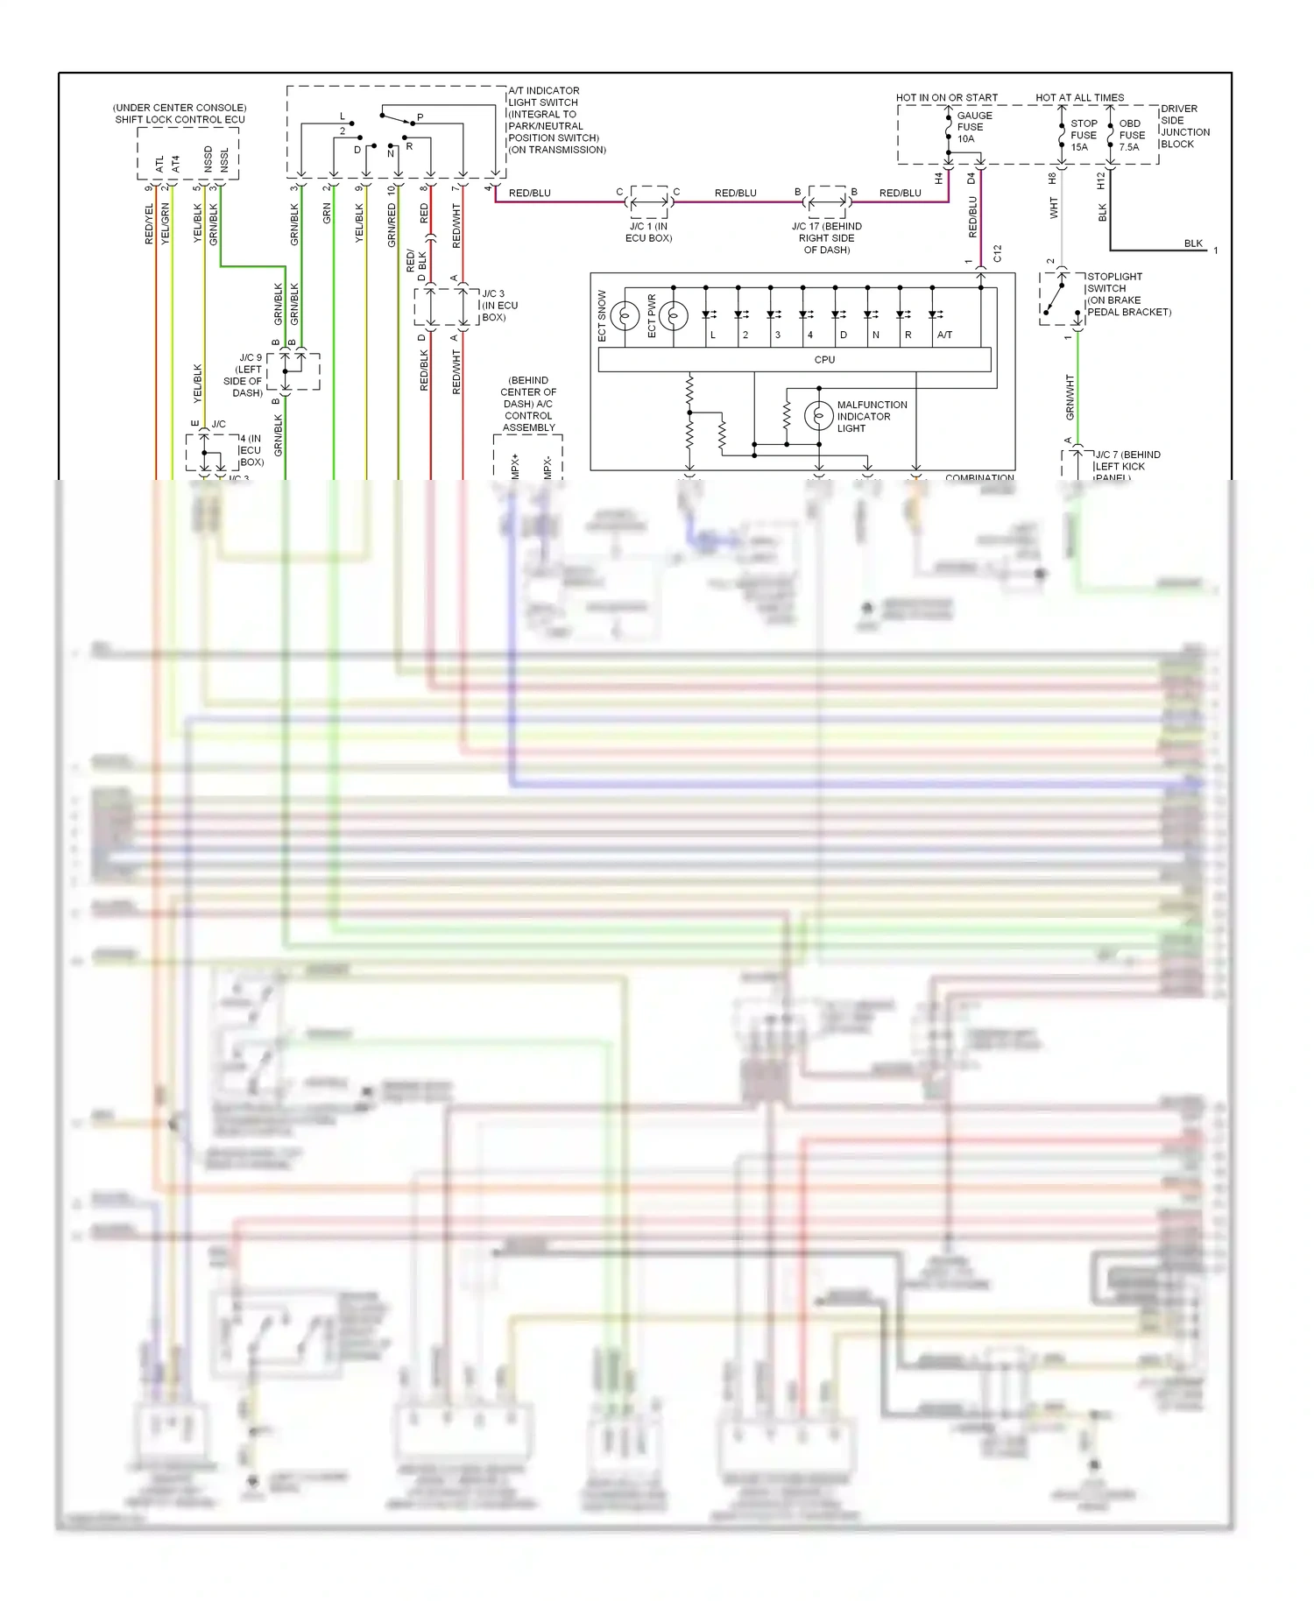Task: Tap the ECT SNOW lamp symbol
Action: pos(625,315)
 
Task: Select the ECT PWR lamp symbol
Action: pos(673,315)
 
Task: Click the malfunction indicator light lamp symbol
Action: pos(818,416)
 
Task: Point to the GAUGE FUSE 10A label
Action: pos(973,127)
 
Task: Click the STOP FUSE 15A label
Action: pos(1083,135)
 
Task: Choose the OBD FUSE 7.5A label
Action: pos(1131,135)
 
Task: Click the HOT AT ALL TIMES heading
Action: pos(1079,97)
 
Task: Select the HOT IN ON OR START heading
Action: pos(946,97)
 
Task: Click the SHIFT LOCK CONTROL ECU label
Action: pos(180,119)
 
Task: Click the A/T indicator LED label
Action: pos(944,335)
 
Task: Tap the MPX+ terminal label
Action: pos(515,465)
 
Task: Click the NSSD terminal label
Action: pos(208,159)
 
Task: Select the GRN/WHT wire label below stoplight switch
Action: pos(1070,397)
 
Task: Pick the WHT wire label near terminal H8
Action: pos(1054,208)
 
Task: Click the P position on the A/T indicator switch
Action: pos(420,116)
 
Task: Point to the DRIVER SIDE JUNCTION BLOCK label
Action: pos(1184,126)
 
